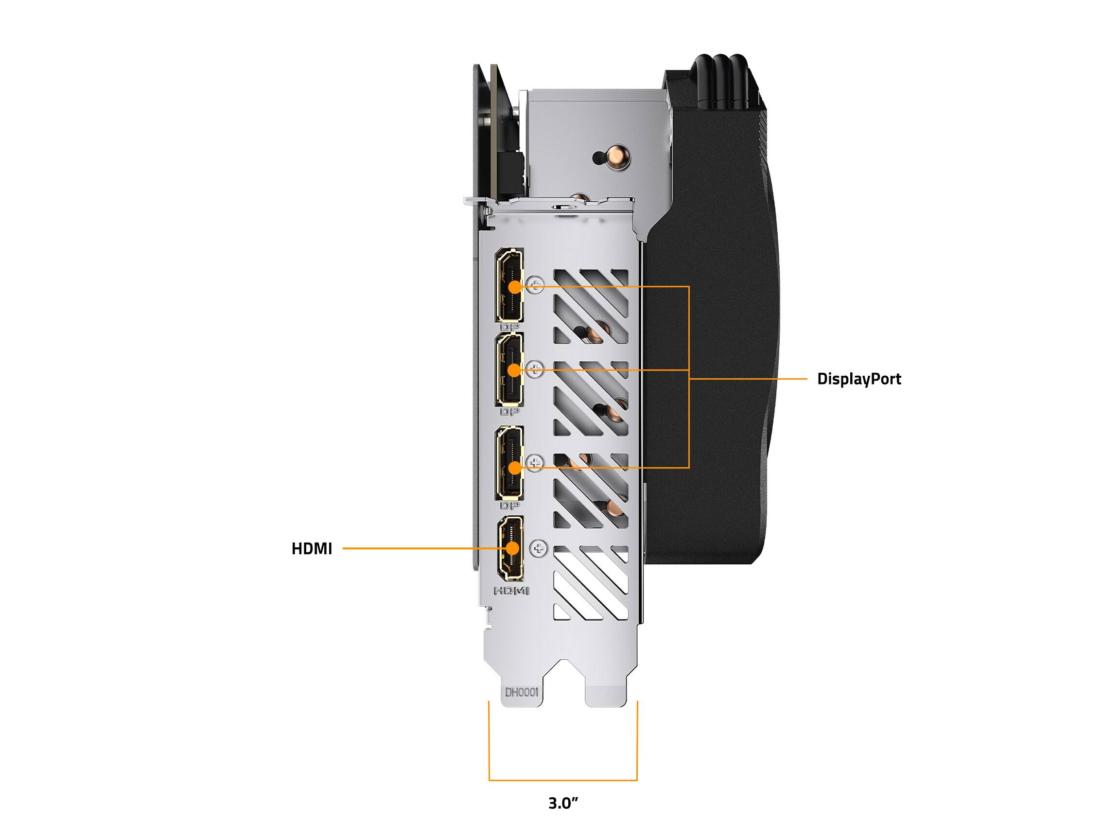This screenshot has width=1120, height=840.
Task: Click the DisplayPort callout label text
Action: point(859,379)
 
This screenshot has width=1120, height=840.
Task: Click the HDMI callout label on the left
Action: point(312,548)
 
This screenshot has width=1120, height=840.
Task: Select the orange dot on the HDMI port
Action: point(513,548)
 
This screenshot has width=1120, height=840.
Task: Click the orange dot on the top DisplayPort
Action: point(514,287)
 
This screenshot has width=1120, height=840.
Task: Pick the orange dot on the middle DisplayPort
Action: point(514,370)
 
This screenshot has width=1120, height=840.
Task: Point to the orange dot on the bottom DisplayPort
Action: point(514,468)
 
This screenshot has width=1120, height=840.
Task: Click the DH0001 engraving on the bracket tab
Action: point(522,692)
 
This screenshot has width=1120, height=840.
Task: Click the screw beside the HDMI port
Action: point(539,548)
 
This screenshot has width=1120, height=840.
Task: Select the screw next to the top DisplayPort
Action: point(535,284)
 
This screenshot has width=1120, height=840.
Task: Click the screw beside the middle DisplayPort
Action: point(535,369)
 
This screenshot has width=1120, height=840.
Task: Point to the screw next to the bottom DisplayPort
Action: point(535,463)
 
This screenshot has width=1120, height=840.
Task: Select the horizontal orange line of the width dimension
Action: point(563,780)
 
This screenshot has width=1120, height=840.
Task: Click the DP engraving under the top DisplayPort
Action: point(509,327)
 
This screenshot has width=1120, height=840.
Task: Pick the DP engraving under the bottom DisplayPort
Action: point(509,506)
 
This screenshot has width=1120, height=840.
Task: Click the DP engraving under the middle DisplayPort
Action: point(509,412)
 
